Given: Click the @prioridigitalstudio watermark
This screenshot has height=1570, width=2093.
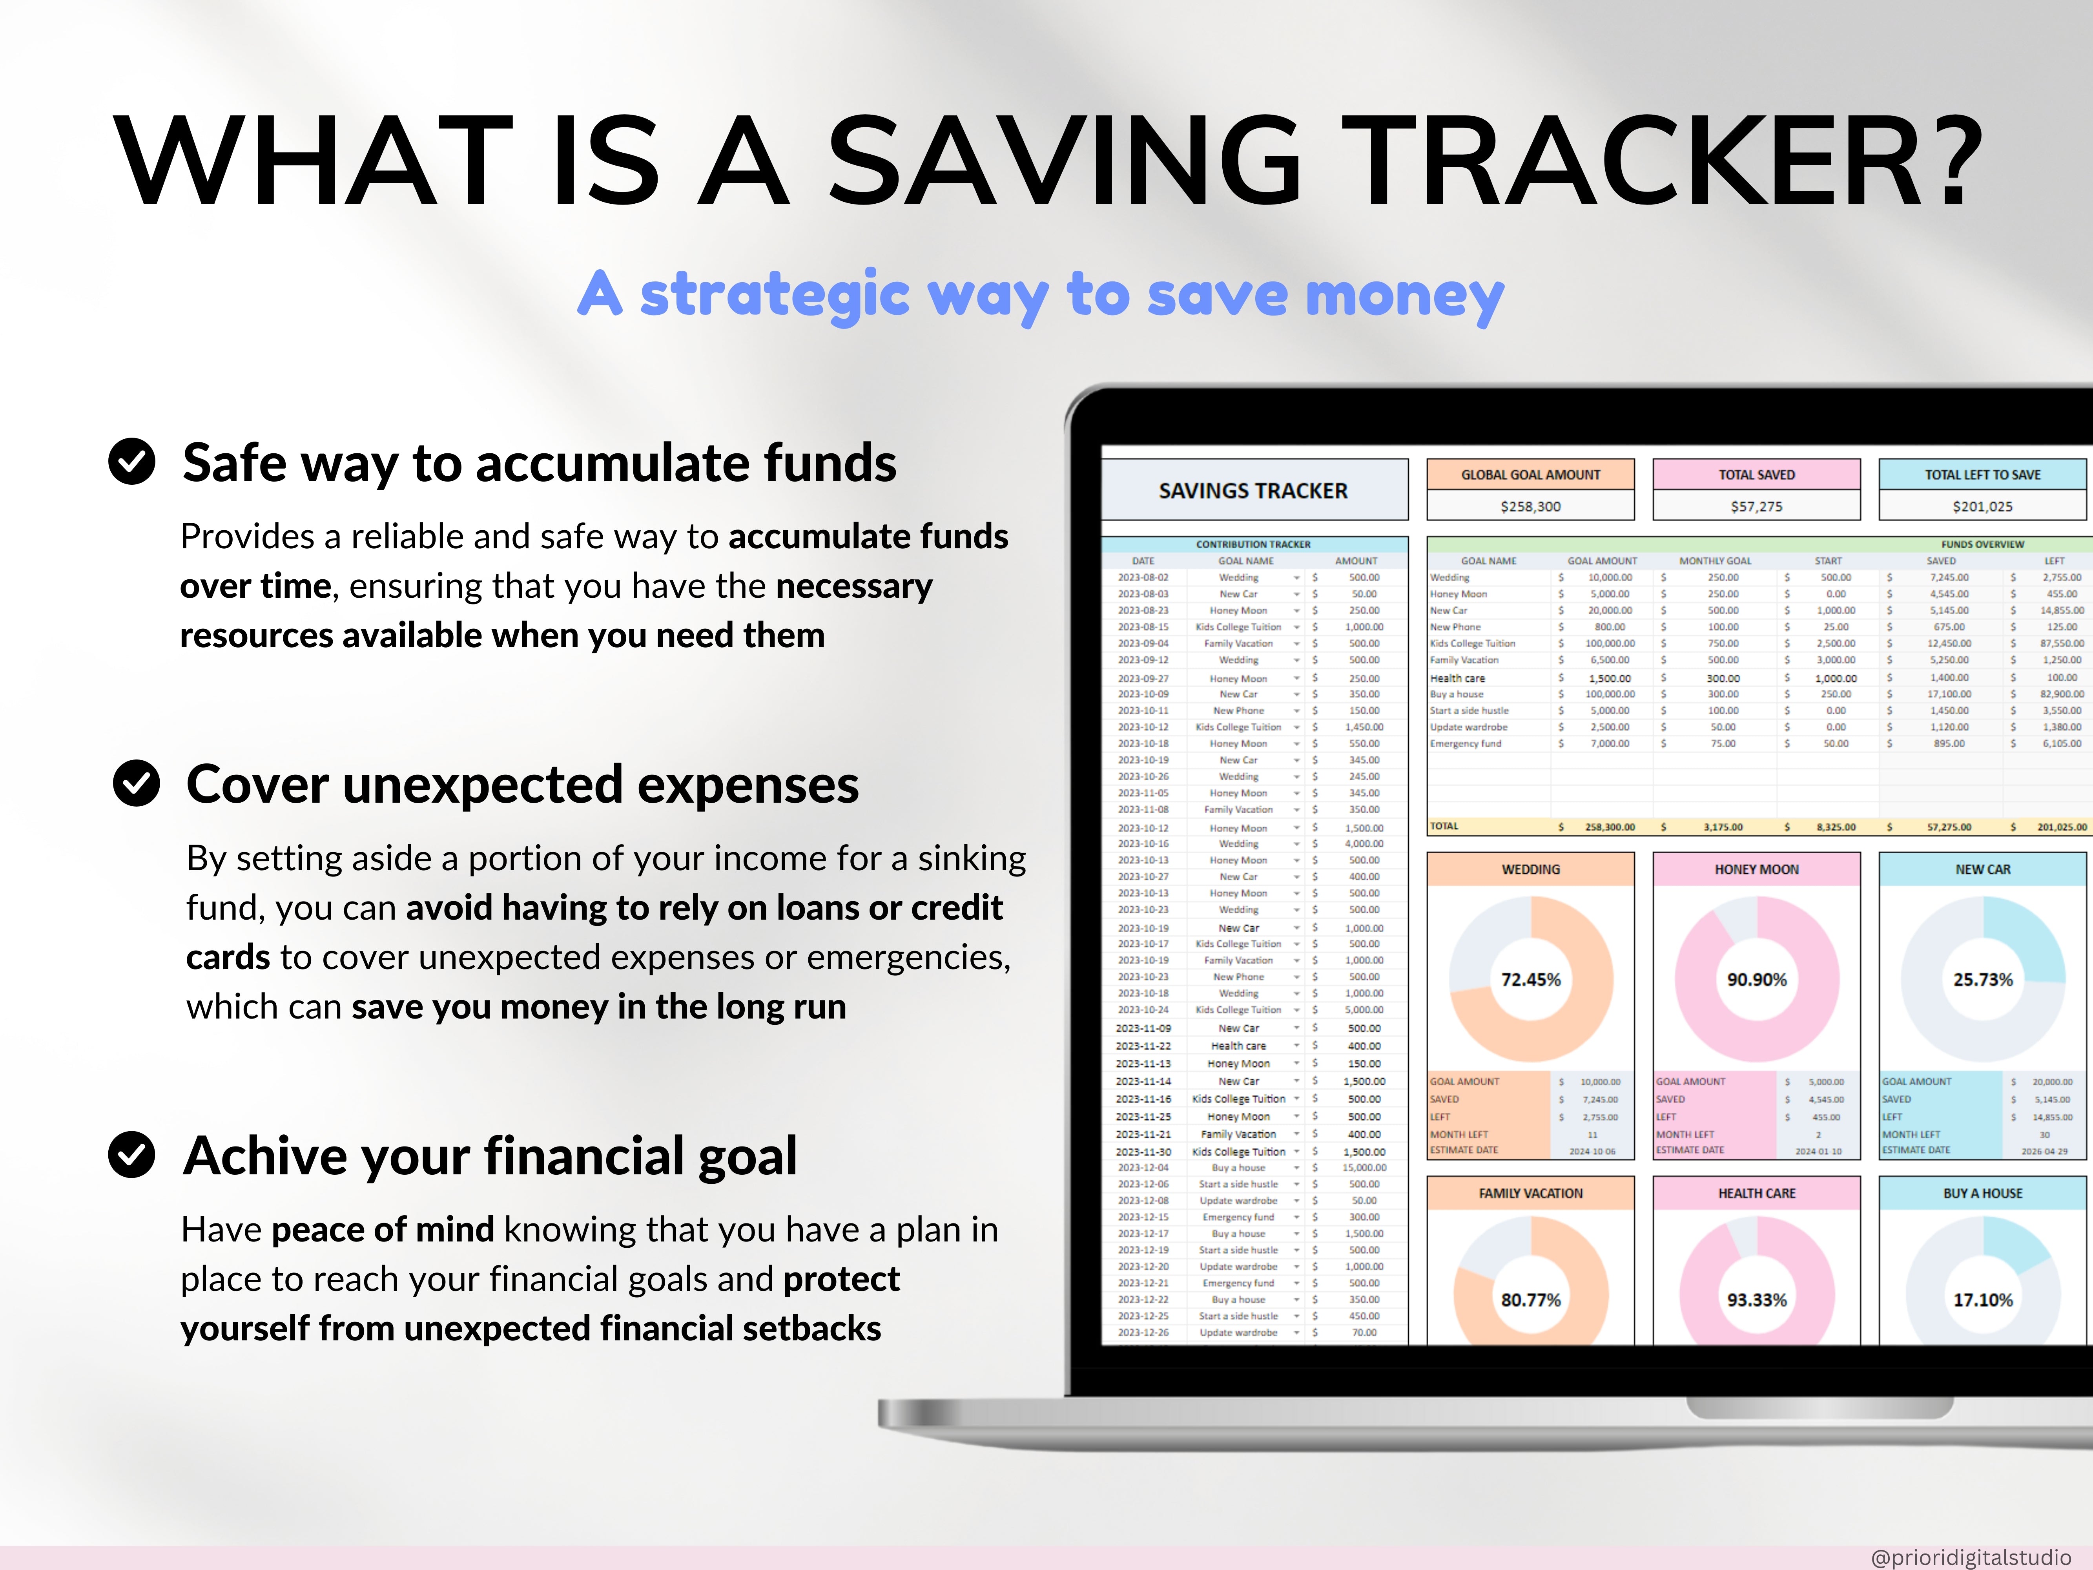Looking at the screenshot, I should click(x=1970, y=1557).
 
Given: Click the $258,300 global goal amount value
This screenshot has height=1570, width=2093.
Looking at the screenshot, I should click(x=1530, y=506).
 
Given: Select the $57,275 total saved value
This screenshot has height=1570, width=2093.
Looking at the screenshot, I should click(x=1756, y=506).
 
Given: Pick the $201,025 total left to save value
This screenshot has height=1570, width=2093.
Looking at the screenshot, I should click(x=1982, y=506).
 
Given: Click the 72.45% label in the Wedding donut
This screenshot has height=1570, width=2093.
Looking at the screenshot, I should click(x=1530, y=979).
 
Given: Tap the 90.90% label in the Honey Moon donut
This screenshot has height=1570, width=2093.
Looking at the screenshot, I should click(x=1756, y=979).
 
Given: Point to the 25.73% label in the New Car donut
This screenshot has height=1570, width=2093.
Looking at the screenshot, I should click(x=1982, y=979).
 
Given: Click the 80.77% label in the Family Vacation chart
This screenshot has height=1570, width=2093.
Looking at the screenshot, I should click(x=1530, y=1299).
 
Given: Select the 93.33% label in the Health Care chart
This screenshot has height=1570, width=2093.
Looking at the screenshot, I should click(x=1756, y=1299).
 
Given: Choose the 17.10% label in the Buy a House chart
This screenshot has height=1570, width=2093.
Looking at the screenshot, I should click(x=1982, y=1299).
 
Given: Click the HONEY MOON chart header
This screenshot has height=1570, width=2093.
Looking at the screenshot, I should click(x=1756, y=869).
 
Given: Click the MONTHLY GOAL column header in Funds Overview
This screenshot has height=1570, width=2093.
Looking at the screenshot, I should click(x=1714, y=560).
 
